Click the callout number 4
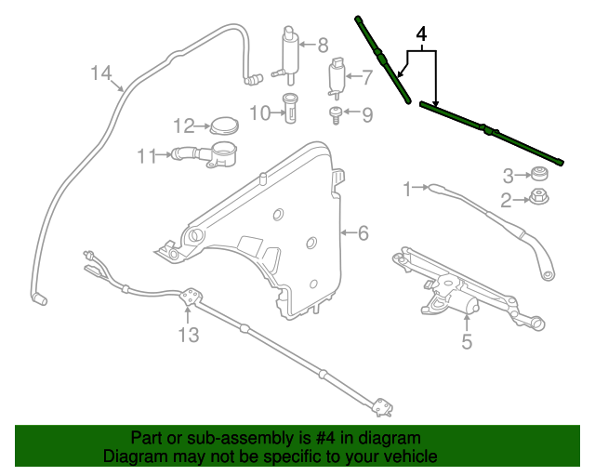[x=421, y=34]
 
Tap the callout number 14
[x=101, y=73]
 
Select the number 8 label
[x=323, y=46]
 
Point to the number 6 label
[x=363, y=232]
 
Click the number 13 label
[x=189, y=335]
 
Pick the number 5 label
[x=467, y=341]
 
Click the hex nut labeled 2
[x=539, y=196]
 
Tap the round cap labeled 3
[x=539, y=174]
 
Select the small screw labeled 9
[x=336, y=115]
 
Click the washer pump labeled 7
[x=336, y=78]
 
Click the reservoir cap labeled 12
[x=224, y=126]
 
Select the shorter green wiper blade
[x=382, y=59]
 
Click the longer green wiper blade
[x=492, y=133]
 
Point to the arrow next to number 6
[x=348, y=232]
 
